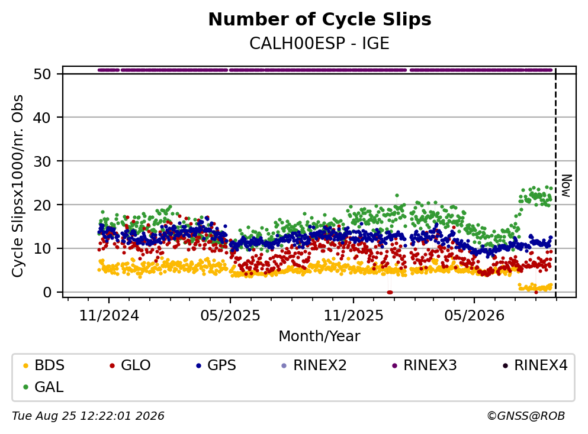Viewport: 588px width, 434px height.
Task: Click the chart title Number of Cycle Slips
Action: [320, 20]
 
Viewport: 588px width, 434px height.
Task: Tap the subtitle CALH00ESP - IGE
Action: [320, 43]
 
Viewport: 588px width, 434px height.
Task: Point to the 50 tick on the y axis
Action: [42, 74]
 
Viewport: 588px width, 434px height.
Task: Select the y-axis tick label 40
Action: [42, 118]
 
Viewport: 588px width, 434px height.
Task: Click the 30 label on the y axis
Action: [42, 161]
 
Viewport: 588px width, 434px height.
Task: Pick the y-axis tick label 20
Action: [42, 205]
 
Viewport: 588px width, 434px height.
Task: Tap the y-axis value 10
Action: [42, 248]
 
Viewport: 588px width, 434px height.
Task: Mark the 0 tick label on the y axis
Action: [47, 292]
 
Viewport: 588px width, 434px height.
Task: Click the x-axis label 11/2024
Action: [109, 316]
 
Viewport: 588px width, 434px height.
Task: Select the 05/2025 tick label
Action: [230, 316]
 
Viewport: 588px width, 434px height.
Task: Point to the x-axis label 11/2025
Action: [354, 316]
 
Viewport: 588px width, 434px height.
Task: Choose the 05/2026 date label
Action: [474, 316]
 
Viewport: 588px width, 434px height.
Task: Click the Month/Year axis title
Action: [320, 336]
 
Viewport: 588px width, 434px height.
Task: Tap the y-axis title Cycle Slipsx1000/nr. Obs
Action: [18, 186]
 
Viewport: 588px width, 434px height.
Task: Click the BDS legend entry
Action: [43, 365]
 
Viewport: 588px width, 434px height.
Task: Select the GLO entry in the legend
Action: [130, 365]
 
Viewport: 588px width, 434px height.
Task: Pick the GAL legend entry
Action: [43, 387]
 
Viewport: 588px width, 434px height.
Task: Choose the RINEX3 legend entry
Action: [425, 365]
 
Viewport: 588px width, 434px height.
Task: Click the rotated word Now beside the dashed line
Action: [567, 186]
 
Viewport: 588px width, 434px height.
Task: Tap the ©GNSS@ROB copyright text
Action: [526, 416]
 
